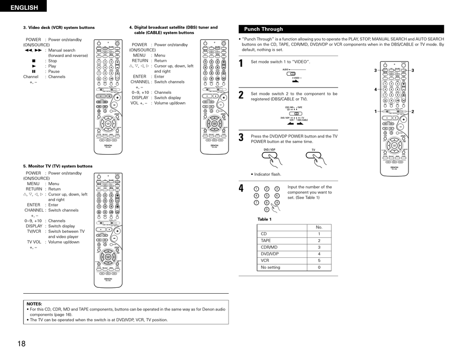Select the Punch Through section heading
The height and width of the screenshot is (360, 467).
point(263,29)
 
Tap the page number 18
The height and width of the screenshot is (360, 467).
point(21,344)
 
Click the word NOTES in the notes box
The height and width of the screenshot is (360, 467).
point(34,304)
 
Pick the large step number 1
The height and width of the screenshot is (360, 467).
point(241,63)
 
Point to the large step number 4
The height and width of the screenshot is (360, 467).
point(241,189)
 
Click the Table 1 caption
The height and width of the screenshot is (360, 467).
point(264,219)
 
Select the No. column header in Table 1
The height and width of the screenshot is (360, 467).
point(319,227)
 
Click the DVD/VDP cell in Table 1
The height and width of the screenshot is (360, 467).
point(270,254)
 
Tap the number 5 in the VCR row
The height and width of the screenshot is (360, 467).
point(319,261)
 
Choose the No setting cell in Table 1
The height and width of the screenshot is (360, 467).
point(270,267)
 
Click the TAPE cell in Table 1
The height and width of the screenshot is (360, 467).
point(265,241)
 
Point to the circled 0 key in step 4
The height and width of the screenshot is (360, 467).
point(266,209)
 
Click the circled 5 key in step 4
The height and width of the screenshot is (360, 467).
point(266,195)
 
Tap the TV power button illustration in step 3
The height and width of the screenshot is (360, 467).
point(313,156)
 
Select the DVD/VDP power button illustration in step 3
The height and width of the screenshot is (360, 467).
point(269,156)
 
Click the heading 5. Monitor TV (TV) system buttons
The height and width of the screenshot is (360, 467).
point(58,166)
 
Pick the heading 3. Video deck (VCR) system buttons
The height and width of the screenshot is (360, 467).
point(58,28)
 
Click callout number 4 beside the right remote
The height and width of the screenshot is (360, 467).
point(375,89)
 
